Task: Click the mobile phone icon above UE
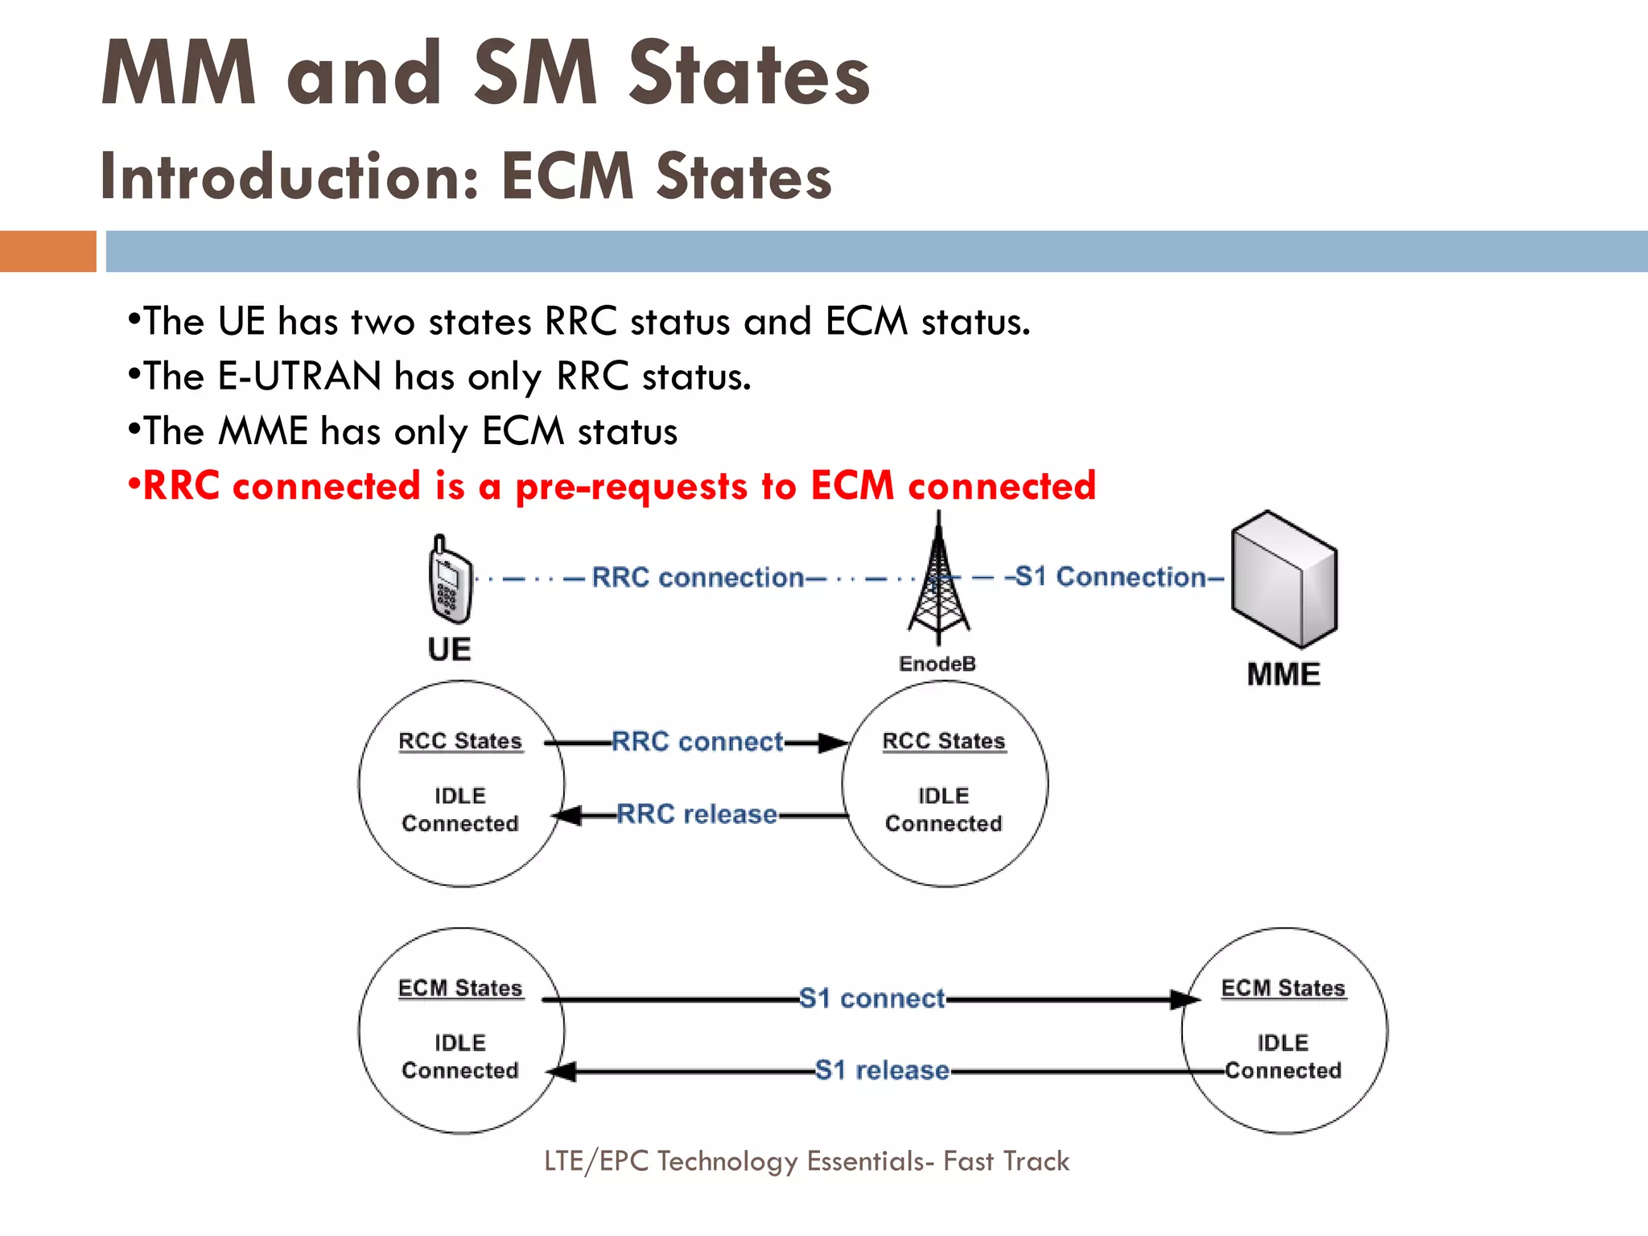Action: (x=450, y=579)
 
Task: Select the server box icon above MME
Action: (x=1284, y=579)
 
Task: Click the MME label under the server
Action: (x=1283, y=674)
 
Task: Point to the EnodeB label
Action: (x=937, y=664)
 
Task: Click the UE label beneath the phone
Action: (x=449, y=649)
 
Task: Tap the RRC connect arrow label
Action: (x=697, y=741)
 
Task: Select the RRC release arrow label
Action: (x=697, y=814)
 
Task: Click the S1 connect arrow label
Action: (x=871, y=999)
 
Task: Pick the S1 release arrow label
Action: (x=882, y=1070)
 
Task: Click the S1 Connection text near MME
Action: (x=1110, y=577)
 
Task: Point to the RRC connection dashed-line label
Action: (x=698, y=578)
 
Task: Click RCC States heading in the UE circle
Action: (x=460, y=741)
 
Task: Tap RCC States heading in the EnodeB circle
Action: (x=944, y=741)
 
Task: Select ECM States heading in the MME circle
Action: (x=1283, y=988)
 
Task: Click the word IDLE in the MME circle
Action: (x=1283, y=1043)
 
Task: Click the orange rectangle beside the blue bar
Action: (x=47, y=251)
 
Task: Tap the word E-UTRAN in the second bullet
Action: (x=299, y=377)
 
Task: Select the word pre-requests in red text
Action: (x=631, y=487)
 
